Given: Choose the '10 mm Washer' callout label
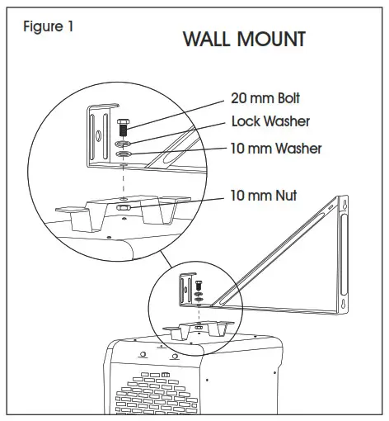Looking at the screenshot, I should tap(276, 149).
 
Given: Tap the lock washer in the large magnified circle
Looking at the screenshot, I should tap(122, 142).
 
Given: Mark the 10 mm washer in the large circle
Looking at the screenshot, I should tap(122, 153).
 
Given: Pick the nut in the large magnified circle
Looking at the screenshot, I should tap(123, 209).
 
